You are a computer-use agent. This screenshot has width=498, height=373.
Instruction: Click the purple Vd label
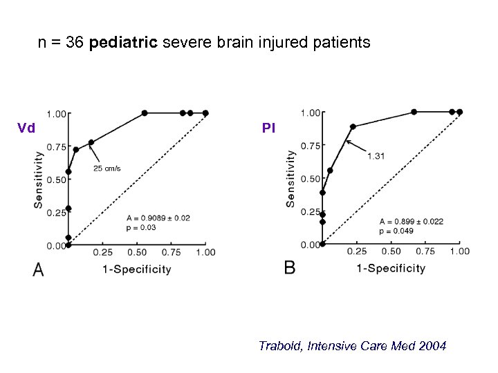coord(26,128)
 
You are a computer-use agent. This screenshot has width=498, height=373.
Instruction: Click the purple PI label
coord(268,128)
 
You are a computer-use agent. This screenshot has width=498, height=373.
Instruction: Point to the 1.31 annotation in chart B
coord(376,156)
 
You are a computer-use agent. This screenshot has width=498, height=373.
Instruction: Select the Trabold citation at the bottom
coord(353,345)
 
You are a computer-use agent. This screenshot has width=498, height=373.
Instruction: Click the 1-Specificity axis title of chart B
coord(391,268)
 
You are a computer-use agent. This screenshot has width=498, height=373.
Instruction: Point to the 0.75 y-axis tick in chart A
coord(56,147)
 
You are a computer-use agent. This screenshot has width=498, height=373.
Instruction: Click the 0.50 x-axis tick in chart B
coord(391,251)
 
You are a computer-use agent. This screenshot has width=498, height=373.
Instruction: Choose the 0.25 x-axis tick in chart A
coord(103,253)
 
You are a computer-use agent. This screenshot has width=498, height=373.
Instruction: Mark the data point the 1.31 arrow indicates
coord(353,126)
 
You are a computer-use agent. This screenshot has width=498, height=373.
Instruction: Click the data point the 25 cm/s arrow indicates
coord(91,142)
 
